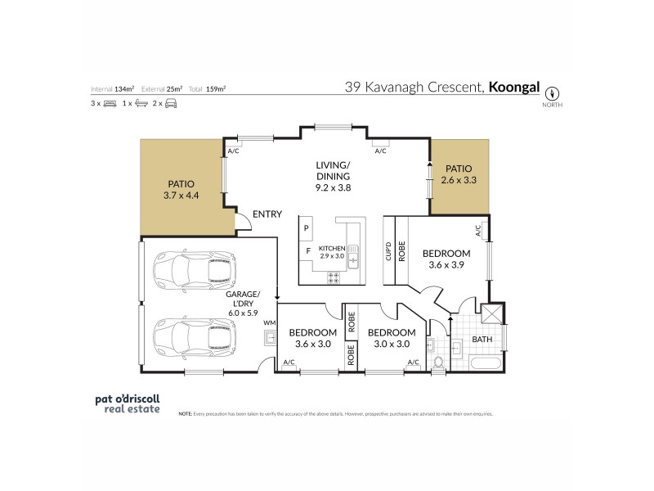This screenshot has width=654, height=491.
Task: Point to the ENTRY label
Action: [267, 214]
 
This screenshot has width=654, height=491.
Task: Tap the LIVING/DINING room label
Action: [333, 176]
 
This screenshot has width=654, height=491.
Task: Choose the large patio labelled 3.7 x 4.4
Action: [181, 190]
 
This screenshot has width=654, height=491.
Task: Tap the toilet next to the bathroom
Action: [437, 361]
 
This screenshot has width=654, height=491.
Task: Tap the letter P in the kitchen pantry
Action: [306, 227]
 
